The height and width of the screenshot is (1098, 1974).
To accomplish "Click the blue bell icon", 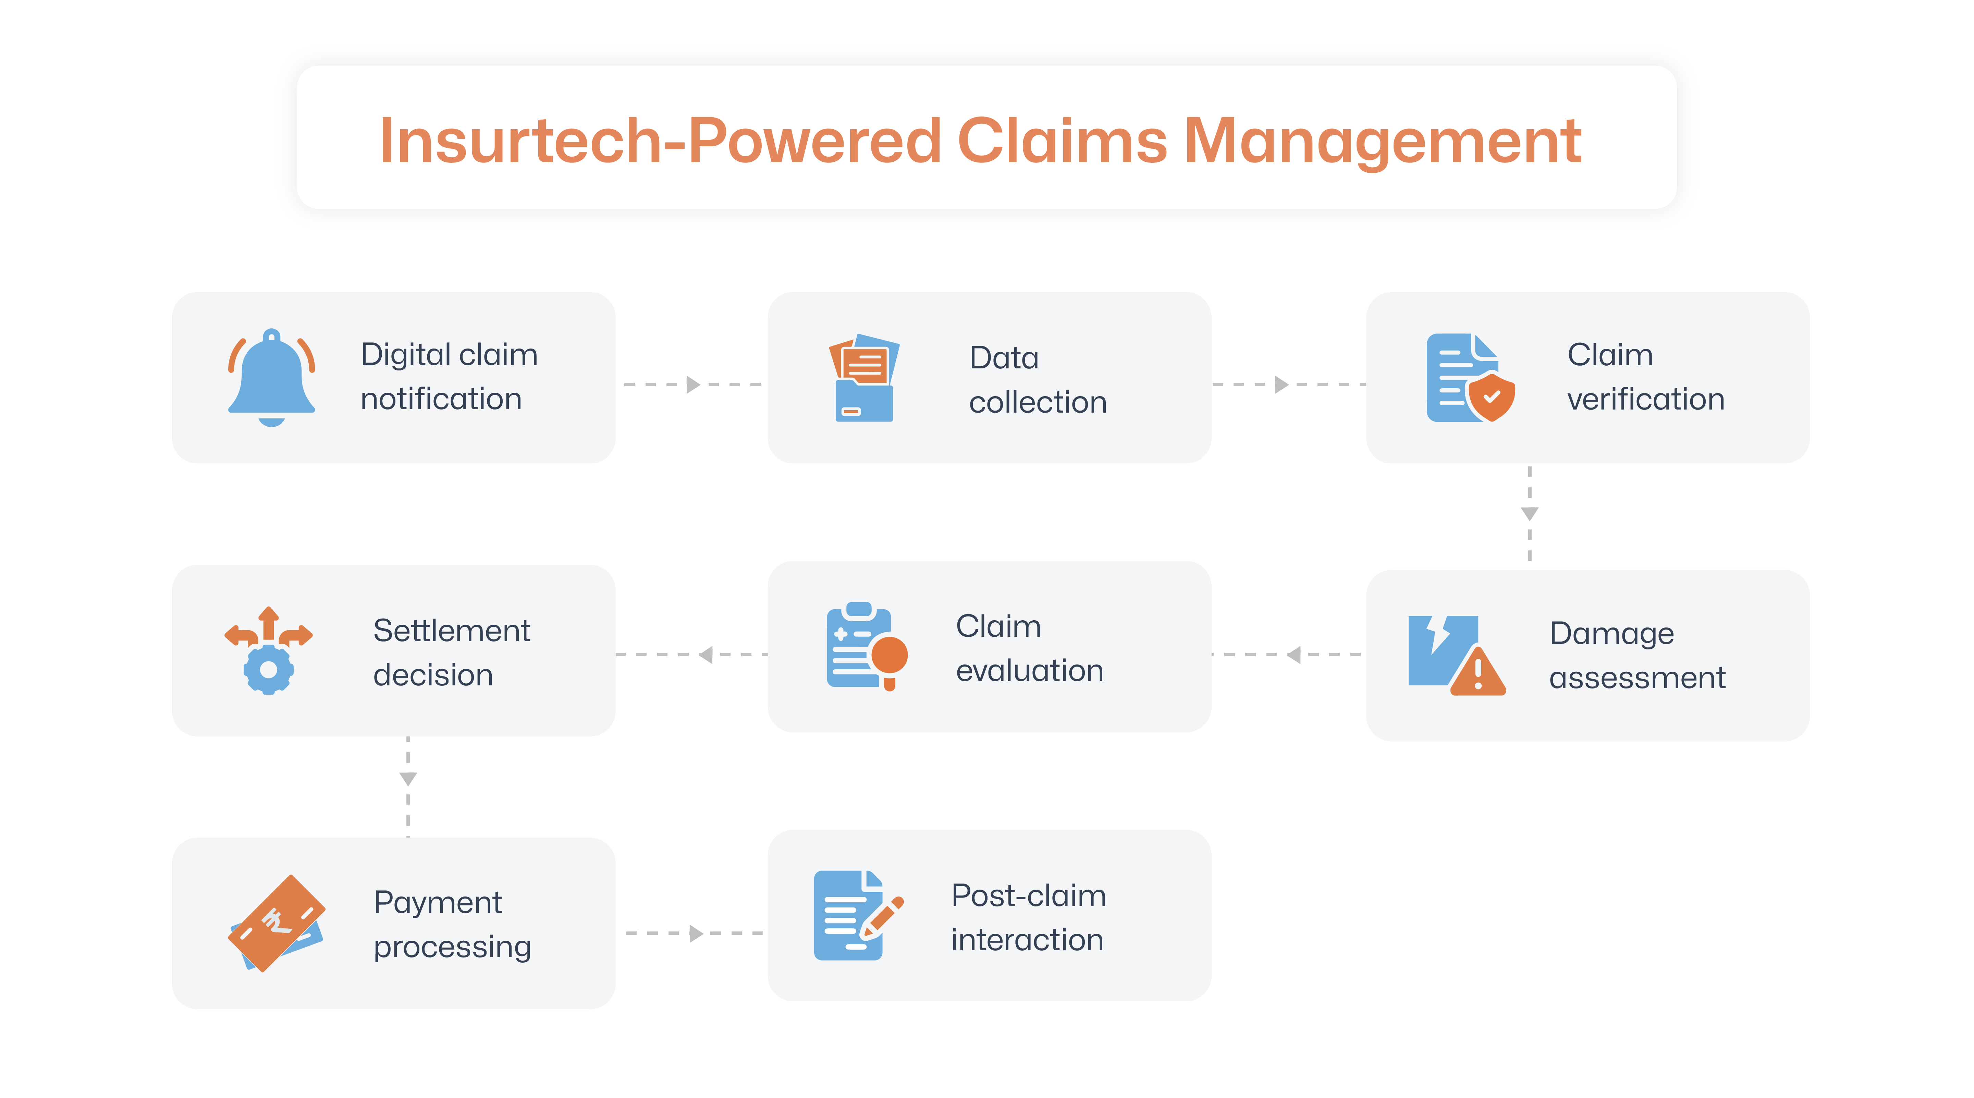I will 271,376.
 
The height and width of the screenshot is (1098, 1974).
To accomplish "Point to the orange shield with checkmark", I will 1491,397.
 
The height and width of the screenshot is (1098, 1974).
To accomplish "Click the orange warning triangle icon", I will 1478,673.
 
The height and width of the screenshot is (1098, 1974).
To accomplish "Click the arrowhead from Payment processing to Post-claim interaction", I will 696,933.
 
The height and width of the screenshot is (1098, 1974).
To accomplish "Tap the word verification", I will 1645,399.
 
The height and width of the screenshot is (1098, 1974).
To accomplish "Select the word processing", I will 452,947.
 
